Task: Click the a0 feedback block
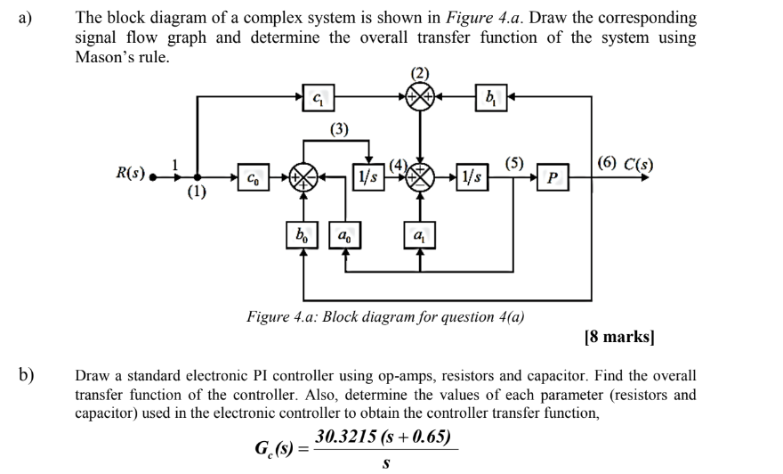tap(344, 236)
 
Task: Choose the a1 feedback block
tap(420, 236)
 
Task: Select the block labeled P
tap(553, 176)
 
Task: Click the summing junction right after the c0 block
tap(304, 176)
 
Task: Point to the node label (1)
tap(196, 191)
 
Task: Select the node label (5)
tap(514, 162)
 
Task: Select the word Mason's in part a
tap(107, 57)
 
